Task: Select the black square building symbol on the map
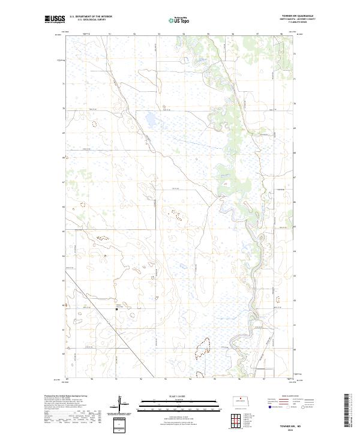116,310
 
